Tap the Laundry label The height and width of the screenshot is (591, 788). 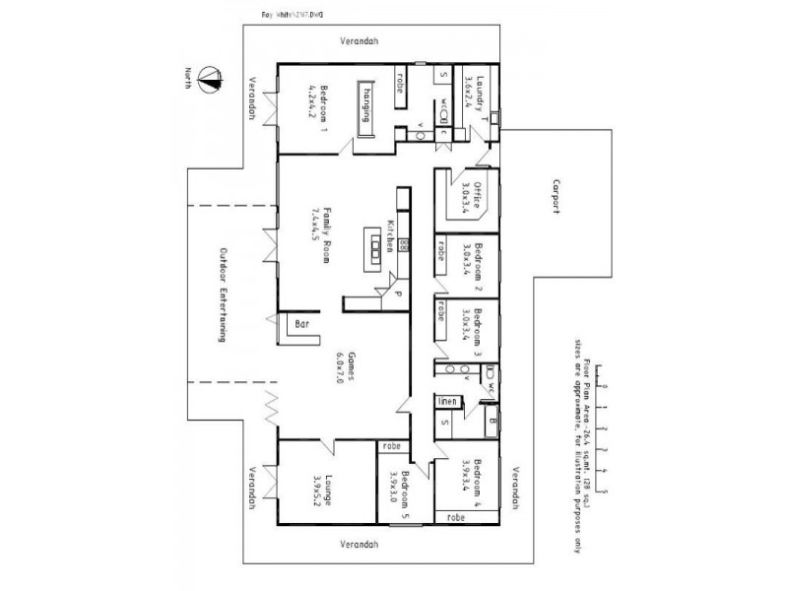coord(480,96)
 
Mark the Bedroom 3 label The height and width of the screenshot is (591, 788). coord(477,325)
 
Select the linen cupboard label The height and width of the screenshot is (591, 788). coord(446,401)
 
